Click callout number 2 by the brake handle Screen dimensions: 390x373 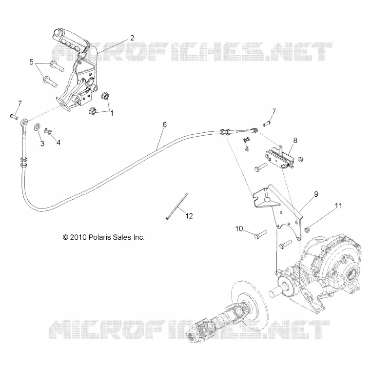pyautogui.click(x=132, y=38)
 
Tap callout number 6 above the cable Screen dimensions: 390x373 pyautogui.click(x=165, y=124)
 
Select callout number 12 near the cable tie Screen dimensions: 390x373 pyautogui.click(x=189, y=216)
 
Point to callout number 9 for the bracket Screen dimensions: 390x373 pyautogui.click(x=316, y=194)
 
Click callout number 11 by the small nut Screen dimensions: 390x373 pyautogui.click(x=338, y=206)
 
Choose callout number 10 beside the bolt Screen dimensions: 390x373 pyautogui.click(x=239, y=228)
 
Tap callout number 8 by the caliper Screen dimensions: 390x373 pyautogui.click(x=295, y=140)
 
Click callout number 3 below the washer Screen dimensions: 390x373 pyautogui.click(x=42, y=144)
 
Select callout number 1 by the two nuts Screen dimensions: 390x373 pyautogui.click(x=112, y=113)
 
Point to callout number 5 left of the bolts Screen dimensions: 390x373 pyautogui.click(x=31, y=62)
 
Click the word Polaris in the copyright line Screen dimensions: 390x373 pyautogui.click(x=98, y=237)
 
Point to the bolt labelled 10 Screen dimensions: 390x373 pyautogui.click(x=260, y=234)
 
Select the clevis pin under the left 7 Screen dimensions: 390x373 pyautogui.click(x=14, y=116)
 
